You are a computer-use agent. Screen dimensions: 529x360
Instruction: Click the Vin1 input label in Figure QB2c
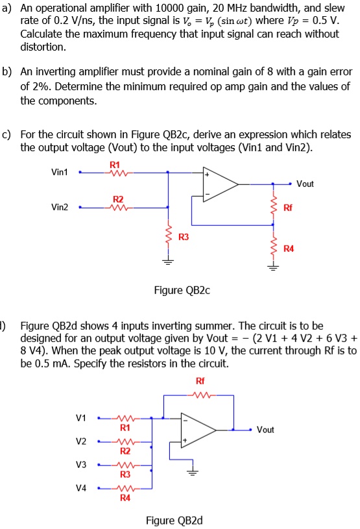(x=59, y=172)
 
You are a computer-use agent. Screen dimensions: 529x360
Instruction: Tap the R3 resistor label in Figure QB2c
(x=184, y=238)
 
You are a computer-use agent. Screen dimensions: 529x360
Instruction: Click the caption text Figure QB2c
(x=182, y=290)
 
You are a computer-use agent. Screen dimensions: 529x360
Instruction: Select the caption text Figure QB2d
(x=169, y=520)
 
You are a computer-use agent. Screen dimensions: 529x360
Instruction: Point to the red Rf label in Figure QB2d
(x=198, y=381)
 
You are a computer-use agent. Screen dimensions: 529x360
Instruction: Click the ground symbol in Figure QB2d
(x=191, y=472)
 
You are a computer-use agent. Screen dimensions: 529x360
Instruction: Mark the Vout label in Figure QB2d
(x=265, y=430)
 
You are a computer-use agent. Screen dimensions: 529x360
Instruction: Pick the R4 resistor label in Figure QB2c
(x=288, y=248)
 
